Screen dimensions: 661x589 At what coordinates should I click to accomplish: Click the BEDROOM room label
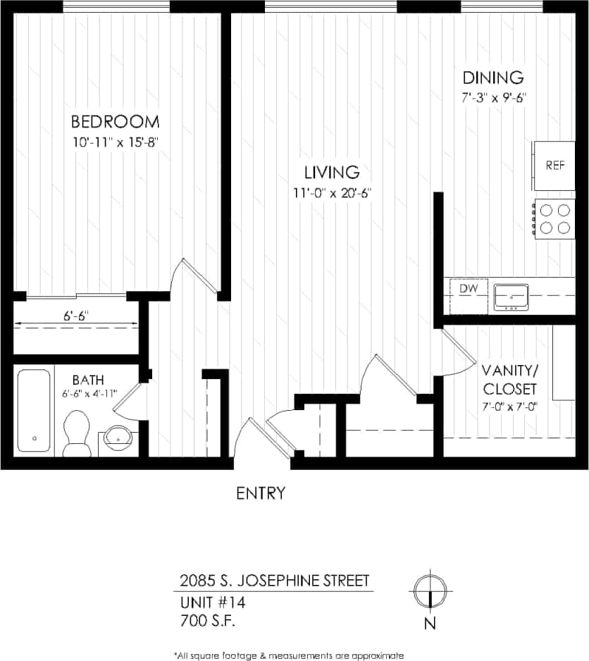tap(115, 121)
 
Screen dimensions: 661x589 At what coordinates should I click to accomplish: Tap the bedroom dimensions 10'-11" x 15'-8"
tap(116, 142)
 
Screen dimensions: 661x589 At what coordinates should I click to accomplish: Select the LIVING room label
tap(332, 172)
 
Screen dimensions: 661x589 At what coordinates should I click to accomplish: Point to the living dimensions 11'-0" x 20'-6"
tap(333, 192)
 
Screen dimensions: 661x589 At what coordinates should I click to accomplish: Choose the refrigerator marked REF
tap(554, 166)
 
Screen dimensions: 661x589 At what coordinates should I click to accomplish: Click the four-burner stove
tap(554, 219)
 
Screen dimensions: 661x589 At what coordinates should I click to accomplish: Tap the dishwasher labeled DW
tap(469, 289)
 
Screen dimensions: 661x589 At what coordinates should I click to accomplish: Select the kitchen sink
tap(511, 297)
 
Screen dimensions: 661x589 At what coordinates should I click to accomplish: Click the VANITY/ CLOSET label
tap(509, 379)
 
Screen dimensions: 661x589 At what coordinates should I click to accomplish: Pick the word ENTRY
tap(261, 493)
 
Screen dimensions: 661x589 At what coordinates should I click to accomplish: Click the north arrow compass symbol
tap(429, 591)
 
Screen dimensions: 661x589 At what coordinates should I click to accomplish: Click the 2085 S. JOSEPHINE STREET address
tap(274, 581)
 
